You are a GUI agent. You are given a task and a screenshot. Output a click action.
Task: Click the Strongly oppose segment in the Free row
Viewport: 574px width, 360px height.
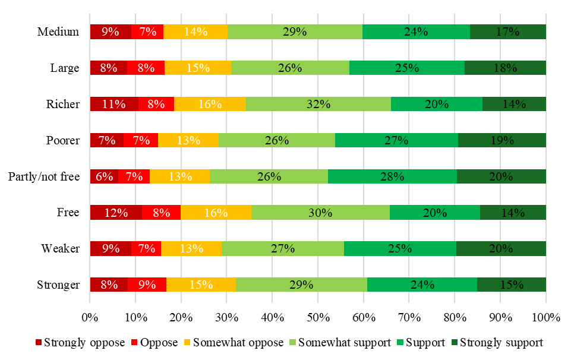tap(116, 212)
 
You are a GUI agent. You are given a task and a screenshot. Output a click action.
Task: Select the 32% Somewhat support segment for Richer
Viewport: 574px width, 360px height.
tap(318, 104)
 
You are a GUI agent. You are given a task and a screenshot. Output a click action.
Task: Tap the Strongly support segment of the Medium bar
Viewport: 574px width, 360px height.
tap(507, 32)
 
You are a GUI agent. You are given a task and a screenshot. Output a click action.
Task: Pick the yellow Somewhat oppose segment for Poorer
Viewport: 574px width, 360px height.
tap(188, 140)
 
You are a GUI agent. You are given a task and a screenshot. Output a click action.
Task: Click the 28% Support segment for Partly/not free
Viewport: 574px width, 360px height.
tap(392, 176)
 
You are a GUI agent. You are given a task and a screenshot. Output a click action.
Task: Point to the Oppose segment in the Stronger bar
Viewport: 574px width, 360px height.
tap(147, 285)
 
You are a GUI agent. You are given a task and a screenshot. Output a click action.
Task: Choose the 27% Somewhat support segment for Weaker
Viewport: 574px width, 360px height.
tap(282, 248)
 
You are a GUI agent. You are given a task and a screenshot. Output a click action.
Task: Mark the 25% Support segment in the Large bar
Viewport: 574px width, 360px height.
tap(406, 68)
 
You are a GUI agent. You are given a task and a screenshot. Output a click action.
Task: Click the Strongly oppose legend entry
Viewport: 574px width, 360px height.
tap(80, 342)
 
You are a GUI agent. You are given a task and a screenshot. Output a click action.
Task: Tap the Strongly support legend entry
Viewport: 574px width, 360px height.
tap(497, 342)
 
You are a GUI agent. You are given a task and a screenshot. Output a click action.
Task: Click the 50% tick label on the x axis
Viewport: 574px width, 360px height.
tap(318, 317)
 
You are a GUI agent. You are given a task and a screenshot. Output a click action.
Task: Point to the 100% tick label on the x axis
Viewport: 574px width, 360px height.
tap(546, 317)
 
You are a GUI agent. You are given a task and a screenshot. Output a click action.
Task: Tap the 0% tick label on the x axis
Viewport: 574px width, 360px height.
tap(90, 317)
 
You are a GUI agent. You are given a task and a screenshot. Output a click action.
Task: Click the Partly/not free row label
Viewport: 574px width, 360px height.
tap(44, 176)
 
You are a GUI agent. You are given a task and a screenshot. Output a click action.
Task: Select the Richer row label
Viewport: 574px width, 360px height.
tap(63, 104)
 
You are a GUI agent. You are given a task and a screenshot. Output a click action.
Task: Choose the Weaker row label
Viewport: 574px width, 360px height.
tap(61, 248)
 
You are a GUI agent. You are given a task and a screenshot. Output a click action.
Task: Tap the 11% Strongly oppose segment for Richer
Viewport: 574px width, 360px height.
tap(114, 104)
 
